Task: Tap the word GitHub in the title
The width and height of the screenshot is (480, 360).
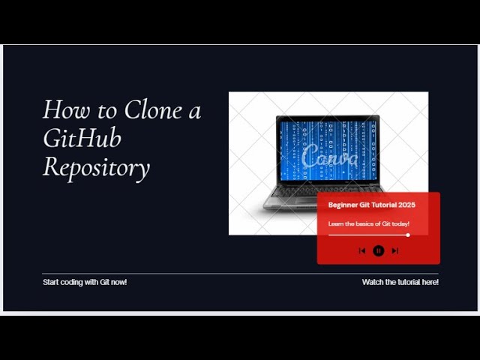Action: (82, 139)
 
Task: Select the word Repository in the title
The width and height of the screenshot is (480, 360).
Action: (96, 167)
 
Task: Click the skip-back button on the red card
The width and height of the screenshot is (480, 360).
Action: (362, 250)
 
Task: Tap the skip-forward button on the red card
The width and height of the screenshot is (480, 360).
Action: (395, 250)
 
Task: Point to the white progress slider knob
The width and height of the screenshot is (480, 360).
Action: (408, 235)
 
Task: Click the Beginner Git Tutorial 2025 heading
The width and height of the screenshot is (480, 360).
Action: (371, 205)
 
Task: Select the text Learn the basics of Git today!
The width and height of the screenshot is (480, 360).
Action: (368, 223)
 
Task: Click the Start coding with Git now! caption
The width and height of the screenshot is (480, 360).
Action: (85, 282)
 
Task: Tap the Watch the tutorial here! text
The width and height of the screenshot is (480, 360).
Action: (400, 282)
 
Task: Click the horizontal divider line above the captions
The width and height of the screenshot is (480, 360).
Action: (240, 274)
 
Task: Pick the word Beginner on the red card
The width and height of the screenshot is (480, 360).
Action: (343, 205)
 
